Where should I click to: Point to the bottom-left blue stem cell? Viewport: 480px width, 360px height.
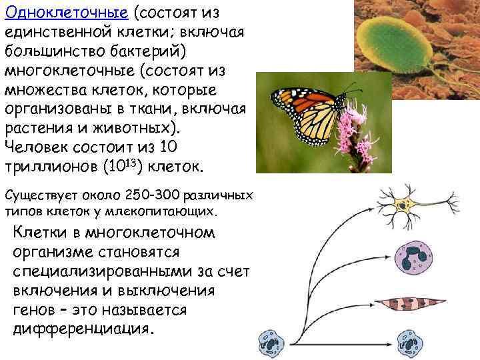pos(272,345)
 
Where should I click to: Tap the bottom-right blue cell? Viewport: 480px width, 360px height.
pos(413,344)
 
